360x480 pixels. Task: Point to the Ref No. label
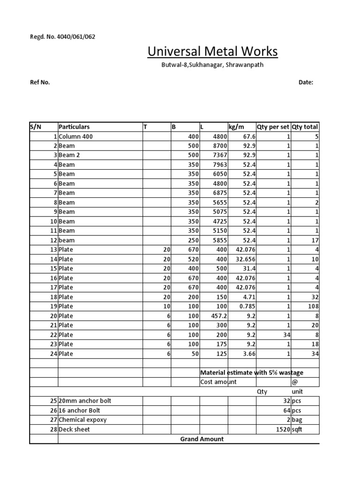pos(40,82)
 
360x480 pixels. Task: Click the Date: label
pos(306,82)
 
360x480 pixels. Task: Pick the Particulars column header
pos(74,127)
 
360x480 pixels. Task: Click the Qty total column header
pos(305,127)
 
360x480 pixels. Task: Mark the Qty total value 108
pos(312,307)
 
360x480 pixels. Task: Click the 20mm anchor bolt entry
pos(85,401)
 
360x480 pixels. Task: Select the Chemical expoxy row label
pos(82,420)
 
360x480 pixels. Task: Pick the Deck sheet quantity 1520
pos(283,429)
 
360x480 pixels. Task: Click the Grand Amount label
pos(202,439)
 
